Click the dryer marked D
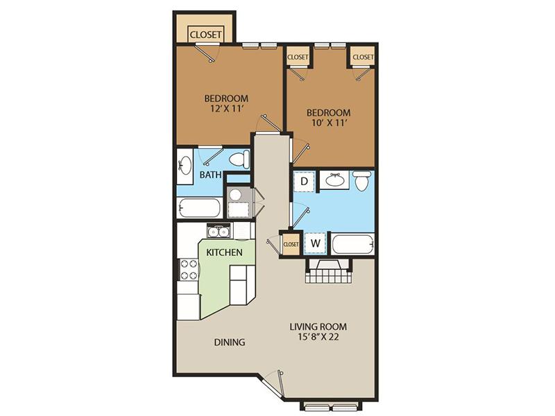tap(304, 182)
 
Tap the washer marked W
tap(316, 243)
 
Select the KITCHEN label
tap(224, 252)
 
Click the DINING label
tap(230, 342)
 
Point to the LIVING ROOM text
tap(318, 327)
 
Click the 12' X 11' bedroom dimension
tap(227, 109)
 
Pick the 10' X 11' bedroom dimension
tap(328, 123)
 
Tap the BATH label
tap(211, 175)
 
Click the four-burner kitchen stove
tap(189, 270)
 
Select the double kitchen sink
tap(219, 232)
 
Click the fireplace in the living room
tap(329, 270)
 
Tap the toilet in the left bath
tap(239, 159)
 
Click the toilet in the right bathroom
tap(362, 181)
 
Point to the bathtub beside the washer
tap(352, 244)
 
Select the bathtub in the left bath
tap(199, 207)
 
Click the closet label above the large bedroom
tap(205, 35)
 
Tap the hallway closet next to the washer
tap(291, 244)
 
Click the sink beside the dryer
tap(334, 180)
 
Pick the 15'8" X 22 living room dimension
tap(318, 337)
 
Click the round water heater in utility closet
tap(234, 194)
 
